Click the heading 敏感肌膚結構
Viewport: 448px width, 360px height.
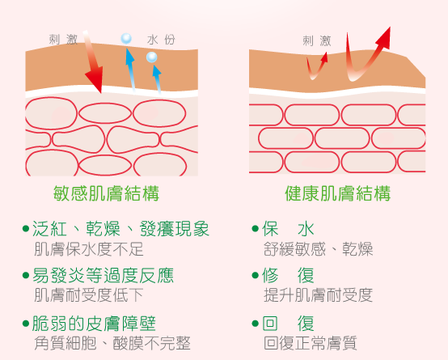[106, 193]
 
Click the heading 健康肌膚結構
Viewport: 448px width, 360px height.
[337, 193]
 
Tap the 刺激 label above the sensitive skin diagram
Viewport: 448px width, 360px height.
[63, 40]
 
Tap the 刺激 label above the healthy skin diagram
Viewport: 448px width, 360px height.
[317, 41]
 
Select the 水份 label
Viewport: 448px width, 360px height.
[161, 40]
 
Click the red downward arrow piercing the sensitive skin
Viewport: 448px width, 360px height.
[93, 61]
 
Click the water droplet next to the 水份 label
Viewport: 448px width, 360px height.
[126, 38]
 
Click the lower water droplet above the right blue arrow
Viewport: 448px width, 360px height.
[152, 57]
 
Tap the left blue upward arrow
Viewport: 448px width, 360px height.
[130, 70]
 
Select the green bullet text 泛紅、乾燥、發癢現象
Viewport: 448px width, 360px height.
[120, 229]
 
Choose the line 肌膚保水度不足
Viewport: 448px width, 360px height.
[89, 249]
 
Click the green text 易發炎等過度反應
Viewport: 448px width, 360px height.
[104, 275]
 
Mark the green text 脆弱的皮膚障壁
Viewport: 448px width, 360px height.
[94, 324]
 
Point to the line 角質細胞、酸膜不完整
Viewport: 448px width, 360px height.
[112, 343]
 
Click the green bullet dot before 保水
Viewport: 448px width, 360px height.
[255, 229]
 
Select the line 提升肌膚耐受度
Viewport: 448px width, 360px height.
[318, 294]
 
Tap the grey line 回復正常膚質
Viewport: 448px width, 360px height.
[311, 343]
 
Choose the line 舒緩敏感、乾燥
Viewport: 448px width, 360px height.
[318, 249]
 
